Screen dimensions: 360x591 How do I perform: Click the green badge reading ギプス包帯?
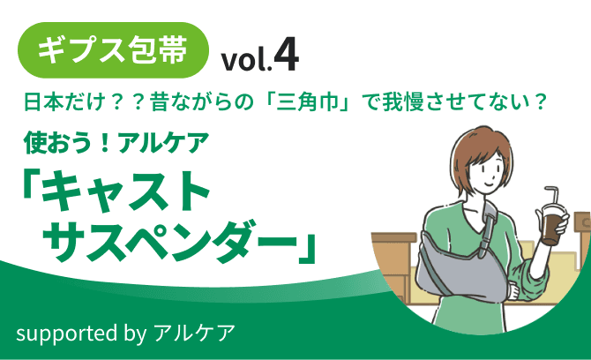pos(115,50)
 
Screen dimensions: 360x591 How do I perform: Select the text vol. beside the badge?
pos(246,59)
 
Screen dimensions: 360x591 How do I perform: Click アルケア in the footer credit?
pos(193,333)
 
